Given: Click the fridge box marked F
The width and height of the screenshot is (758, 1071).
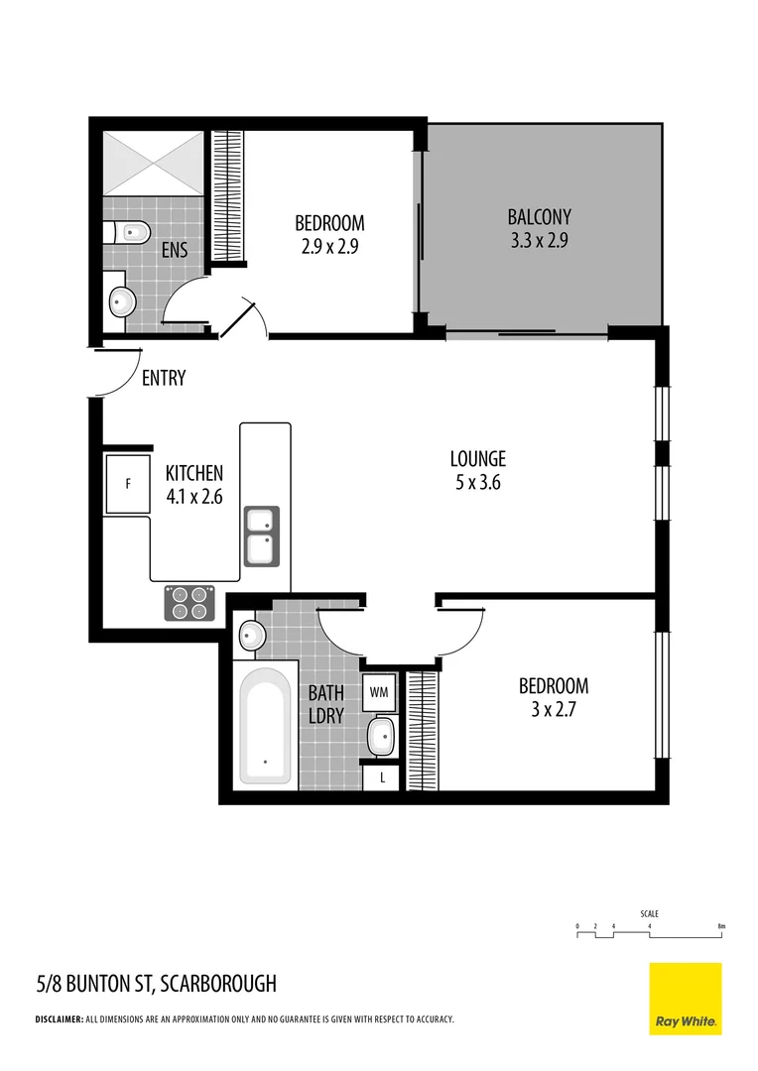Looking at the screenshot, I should click(127, 484).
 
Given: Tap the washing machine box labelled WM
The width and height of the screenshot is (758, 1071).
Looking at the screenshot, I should click(379, 691).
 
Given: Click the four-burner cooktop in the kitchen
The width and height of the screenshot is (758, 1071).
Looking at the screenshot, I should click(190, 603).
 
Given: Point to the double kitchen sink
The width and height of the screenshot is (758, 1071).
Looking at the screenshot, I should click(262, 535).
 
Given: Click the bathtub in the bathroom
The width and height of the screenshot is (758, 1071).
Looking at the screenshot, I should click(266, 727).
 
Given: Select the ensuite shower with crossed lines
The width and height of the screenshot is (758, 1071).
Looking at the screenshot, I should click(154, 163).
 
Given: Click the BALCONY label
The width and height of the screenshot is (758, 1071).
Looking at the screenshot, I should click(539, 216).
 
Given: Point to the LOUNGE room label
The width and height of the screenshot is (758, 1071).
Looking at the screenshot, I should click(477, 459).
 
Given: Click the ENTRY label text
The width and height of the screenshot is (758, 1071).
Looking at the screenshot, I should click(164, 378).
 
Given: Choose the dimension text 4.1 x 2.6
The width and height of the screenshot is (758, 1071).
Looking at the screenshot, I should click(193, 496).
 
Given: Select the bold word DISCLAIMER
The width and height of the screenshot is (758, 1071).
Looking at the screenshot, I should click(60, 1019).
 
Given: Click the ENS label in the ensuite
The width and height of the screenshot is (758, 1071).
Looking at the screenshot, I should click(175, 250).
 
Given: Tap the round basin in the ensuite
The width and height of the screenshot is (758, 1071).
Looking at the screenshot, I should click(122, 299).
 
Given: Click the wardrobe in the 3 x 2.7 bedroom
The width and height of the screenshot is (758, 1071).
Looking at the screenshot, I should click(422, 730).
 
